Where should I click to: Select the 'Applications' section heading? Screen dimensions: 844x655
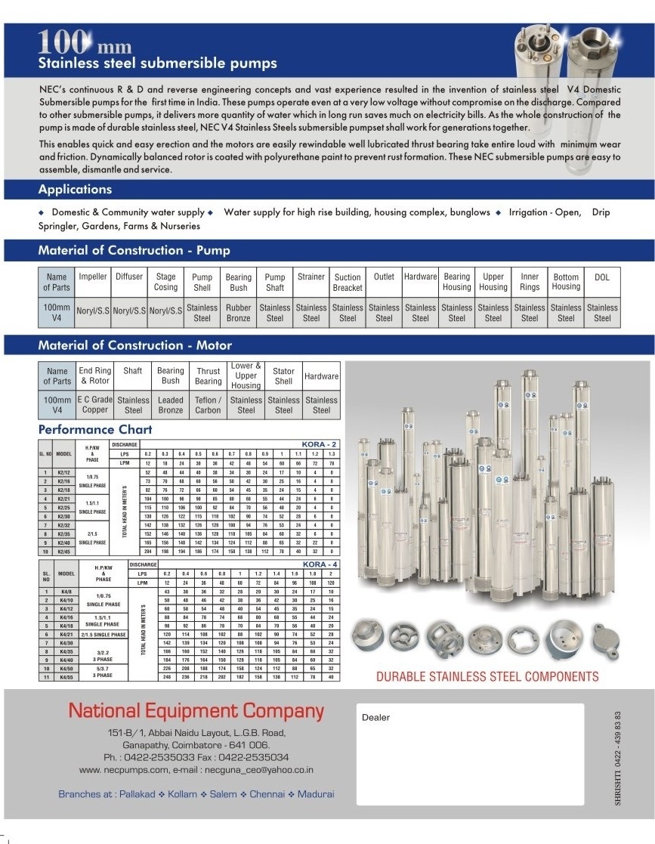[x=75, y=190]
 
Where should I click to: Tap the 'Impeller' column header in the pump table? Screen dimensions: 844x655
[x=93, y=277]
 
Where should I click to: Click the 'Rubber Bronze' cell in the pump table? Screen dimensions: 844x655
[x=238, y=313]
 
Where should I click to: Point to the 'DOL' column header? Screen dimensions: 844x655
[x=602, y=277]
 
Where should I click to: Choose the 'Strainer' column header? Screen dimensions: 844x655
[x=311, y=277]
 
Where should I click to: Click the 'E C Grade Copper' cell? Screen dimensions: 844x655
[x=95, y=405]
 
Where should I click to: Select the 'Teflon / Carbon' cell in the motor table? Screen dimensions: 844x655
[x=208, y=405]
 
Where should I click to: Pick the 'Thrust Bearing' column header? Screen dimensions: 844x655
[x=208, y=376]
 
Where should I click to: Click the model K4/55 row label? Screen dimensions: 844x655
[x=68, y=676]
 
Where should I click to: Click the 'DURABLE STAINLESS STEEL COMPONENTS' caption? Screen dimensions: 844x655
[x=487, y=677]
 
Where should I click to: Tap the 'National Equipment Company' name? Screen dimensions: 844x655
[x=196, y=711]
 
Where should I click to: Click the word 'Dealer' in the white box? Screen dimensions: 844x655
[x=375, y=718]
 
